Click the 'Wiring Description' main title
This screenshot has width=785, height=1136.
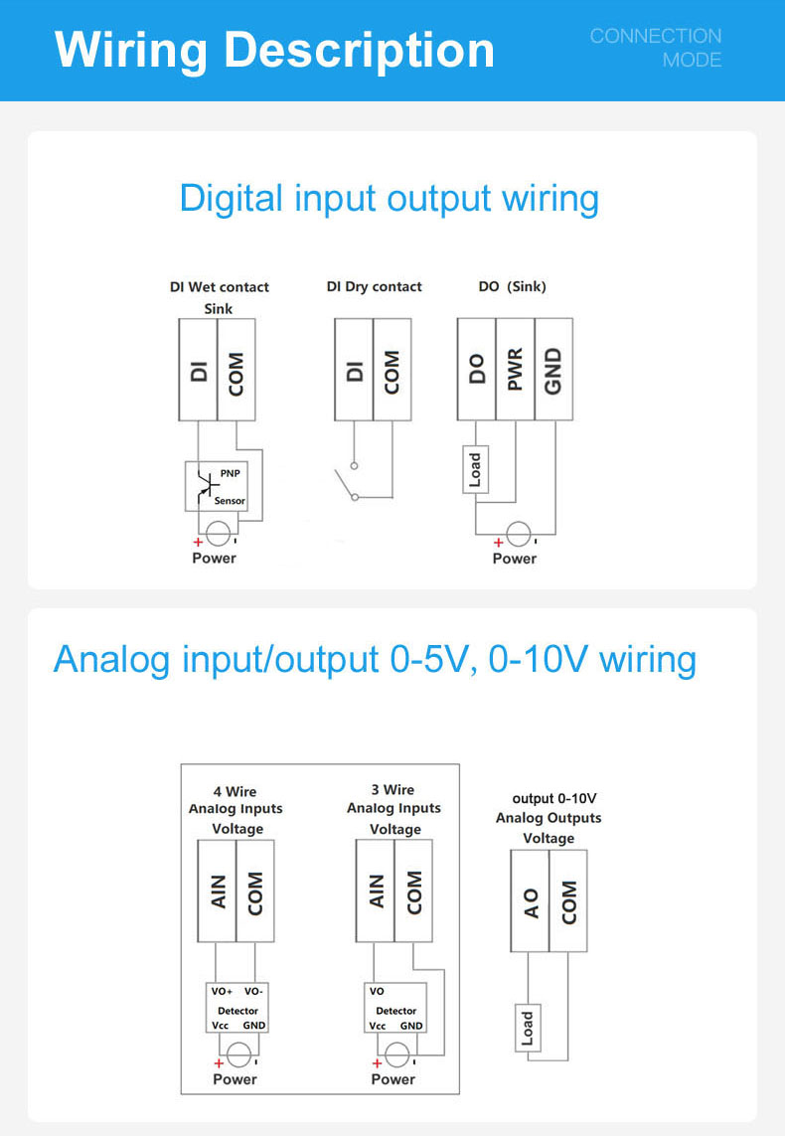point(274,50)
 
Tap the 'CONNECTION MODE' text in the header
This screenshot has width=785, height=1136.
point(656,48)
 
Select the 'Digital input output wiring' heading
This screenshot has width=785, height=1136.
point(389,199)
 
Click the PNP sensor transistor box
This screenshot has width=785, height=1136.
point(216,486)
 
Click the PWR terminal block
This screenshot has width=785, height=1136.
point(515,369)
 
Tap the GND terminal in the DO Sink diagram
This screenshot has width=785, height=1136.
point(553,369)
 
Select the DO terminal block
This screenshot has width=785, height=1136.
point(476,369)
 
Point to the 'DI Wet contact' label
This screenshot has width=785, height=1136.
point(219,287)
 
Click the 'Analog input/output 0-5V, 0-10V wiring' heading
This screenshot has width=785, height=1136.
point(375,660)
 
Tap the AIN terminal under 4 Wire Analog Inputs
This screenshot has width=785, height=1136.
point(217,891)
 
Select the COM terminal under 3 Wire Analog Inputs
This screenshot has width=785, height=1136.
point(413,891)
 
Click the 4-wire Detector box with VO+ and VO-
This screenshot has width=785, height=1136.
point(237,1008)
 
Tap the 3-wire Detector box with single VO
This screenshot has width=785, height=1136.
point(395,1008)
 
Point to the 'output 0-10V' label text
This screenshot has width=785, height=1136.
point(553,798)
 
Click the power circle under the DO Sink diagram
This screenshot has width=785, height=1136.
point(518,534)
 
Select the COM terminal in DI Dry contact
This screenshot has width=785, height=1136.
point(392,369)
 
